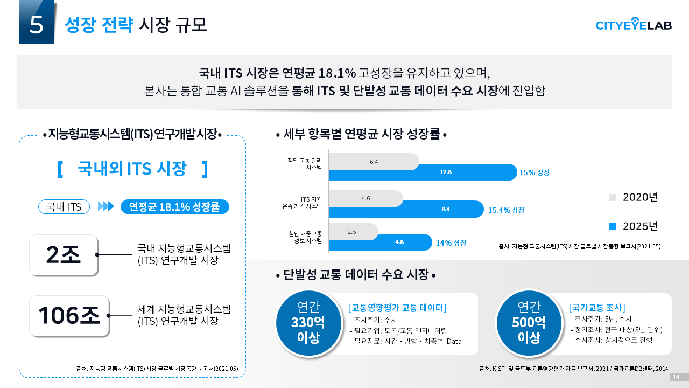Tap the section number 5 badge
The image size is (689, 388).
[37, 22]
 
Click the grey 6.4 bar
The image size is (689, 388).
[374, 162]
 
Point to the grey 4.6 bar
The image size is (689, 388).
[365, 198]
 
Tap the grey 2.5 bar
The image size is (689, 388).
[353, 232]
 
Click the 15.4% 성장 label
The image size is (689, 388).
[506, 210]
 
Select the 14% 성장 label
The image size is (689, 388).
[451, 243]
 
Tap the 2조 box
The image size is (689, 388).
[64, 255]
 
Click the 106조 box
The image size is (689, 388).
[69, 315]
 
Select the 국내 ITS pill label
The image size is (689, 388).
[64, 207]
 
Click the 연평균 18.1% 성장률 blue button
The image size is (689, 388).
[174, 207]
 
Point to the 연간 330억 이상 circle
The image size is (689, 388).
[308, 323]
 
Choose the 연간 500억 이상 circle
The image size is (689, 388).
[529, 323]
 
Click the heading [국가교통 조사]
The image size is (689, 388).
[596, 308]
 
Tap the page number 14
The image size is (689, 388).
[676, 377]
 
